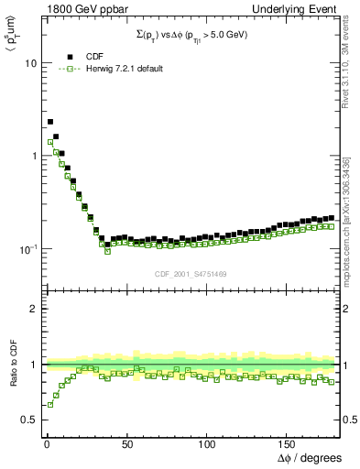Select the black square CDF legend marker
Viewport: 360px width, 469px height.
(71, 57)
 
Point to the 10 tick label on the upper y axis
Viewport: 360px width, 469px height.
(28, 63)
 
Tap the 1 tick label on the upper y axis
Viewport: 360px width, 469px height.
(32, 156)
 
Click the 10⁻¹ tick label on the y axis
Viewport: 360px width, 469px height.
(27, 248)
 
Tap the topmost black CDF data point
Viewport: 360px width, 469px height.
(50, 121)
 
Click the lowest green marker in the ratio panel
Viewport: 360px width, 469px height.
(50, 404)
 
